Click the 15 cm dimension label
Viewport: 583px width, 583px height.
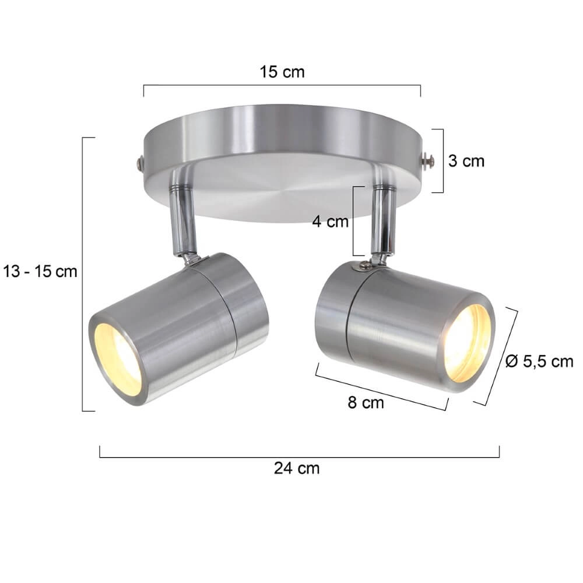coord(282,72)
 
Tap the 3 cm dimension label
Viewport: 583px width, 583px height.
coord(466,161)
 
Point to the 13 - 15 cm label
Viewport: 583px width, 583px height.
coord(40,272)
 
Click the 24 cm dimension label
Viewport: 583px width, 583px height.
coord(297,468)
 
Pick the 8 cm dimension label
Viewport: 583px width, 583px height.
coord(366,402)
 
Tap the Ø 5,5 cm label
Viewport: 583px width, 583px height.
coord(539,362)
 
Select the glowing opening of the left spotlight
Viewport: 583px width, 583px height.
coord(118,358)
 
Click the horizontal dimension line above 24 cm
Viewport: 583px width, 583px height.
coord(299,457)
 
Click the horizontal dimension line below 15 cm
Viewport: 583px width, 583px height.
coord(282,86)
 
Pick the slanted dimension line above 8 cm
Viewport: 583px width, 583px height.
coord(382,387)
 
